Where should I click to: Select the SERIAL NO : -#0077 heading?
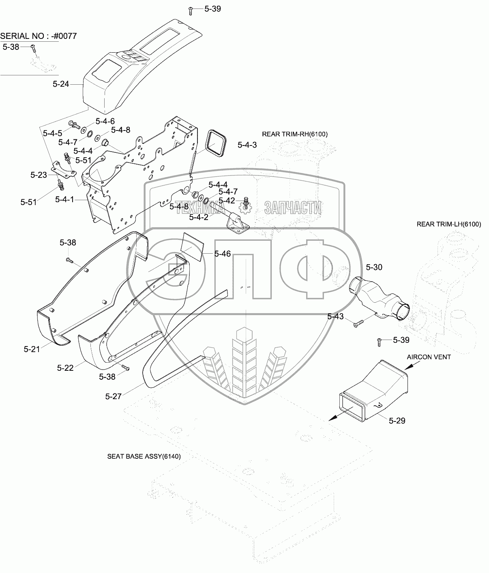38,36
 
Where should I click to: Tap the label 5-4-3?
247,145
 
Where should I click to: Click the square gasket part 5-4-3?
216,144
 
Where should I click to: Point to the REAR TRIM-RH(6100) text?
295,134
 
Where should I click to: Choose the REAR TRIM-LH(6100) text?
449,224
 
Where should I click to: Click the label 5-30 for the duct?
374,267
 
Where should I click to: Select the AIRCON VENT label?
429,357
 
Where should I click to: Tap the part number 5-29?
397,421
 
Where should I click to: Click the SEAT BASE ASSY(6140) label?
144,456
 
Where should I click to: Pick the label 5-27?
113,396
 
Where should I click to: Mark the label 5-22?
65,368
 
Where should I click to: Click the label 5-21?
32,349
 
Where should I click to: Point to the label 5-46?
222,254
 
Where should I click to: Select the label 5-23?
39,175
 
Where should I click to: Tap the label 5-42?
227,201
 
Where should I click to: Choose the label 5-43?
336,316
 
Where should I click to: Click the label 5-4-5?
53,133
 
